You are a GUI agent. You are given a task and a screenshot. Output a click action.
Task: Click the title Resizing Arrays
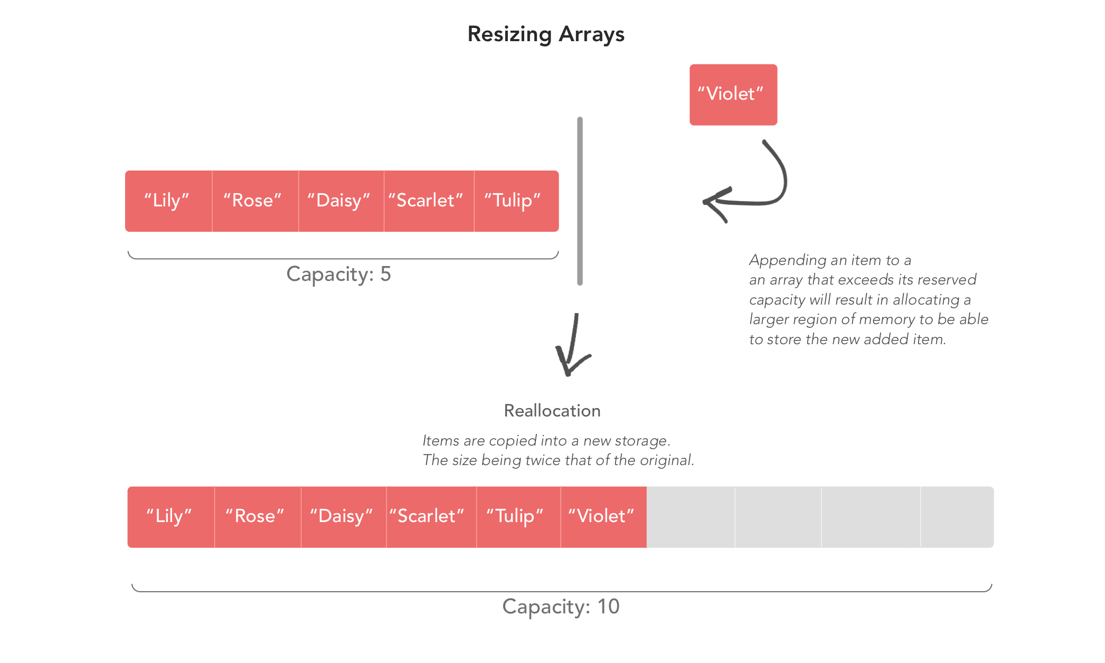pyautogui.click(x=546, y=35)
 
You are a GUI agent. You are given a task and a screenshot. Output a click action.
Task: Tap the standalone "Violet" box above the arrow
pyautogui.click(x=733, y=94)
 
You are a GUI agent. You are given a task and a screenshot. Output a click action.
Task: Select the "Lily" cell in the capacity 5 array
pyautogui.click(x=169, y=201)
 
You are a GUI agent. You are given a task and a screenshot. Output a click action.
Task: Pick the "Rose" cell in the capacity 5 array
pyautogui.click(x=256, y=201)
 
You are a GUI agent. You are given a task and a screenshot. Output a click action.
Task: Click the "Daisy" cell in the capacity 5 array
pyautogui.click(x=342, y=201)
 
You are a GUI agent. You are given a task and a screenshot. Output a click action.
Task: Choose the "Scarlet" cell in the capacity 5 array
pyautogui.click(x=429, y=201)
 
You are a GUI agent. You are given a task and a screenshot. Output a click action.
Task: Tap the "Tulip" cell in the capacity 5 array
pyautogui.click(x=516, y=201)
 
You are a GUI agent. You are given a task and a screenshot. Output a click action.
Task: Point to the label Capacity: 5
pyautogui.click(x=338, y=274)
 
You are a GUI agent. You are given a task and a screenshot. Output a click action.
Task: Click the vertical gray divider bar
pyautogui.click(x=580, y=201)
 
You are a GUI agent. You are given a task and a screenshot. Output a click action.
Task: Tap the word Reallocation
pyautogui.click(x=552, y=411)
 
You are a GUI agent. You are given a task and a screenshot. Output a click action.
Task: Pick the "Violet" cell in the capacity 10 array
pyautogui.click(x=603, y=517)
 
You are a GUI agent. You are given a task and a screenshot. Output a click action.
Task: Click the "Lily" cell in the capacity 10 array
pyautogui.click(x=171, y=517)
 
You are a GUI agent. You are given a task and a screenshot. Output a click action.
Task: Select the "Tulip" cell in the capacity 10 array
pyautogui.click(x=518, y=517)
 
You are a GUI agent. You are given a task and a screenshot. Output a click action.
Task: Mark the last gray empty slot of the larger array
pyautogui.click(x=957, y=517)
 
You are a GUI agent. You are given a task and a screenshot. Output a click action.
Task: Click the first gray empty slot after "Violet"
pyautogui.click(x=691, y=517)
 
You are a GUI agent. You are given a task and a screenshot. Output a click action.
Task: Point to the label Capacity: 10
pyautogui.click(x=561, y=607)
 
